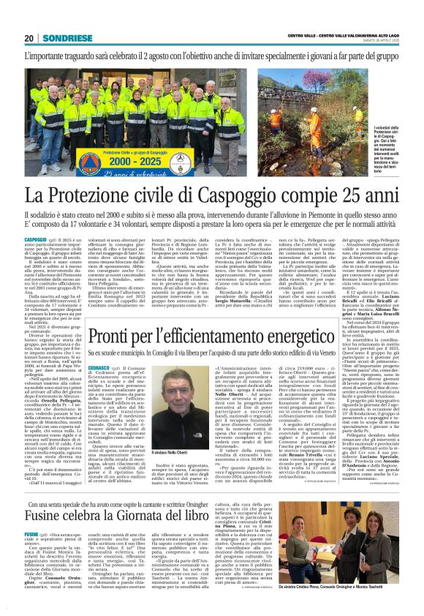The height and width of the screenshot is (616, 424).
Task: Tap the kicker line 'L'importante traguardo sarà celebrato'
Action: click(212, 55)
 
